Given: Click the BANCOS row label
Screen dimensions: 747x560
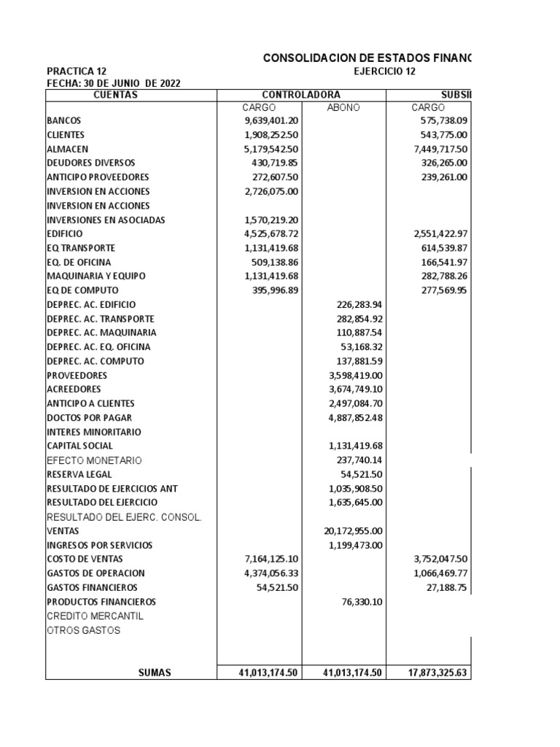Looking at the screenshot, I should click(x=64, y=120).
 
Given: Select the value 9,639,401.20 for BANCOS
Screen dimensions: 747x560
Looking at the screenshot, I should click(x=272, y=120).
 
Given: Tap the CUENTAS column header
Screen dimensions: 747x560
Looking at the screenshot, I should click(x=116, y=95).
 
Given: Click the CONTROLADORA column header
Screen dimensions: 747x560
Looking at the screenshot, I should click(x=301, y=95).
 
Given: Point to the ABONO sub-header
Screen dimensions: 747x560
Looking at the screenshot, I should click(x=344, y=107).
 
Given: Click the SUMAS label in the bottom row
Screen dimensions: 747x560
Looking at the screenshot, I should click(x=155, y=673).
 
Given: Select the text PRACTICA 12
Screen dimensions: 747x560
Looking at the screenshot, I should click(x=77, y=71).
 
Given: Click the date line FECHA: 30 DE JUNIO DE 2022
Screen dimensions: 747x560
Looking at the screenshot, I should click(x=113, y=83).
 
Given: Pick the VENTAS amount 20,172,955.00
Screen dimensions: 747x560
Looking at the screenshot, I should click(x=354, y=531).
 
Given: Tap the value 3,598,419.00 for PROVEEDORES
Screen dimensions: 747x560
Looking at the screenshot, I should click(x=357, y=375).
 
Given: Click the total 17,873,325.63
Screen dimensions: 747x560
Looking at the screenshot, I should click(x=437, y=673).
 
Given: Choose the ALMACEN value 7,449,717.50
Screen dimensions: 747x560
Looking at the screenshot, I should click(x=437, y=149).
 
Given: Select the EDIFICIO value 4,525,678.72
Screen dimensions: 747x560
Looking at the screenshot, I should click(x=272, y=233).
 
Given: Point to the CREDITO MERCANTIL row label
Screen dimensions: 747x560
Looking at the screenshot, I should click(x=95, y=616).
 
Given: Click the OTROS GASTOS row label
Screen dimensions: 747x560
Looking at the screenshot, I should click(x=84, y=630).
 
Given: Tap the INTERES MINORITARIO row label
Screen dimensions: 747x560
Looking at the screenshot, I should click(x=94, y=432).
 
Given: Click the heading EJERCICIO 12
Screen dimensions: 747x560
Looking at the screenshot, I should click(x=384, y=71).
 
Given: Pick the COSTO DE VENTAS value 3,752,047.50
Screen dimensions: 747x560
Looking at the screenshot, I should click(x=437, y=560).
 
